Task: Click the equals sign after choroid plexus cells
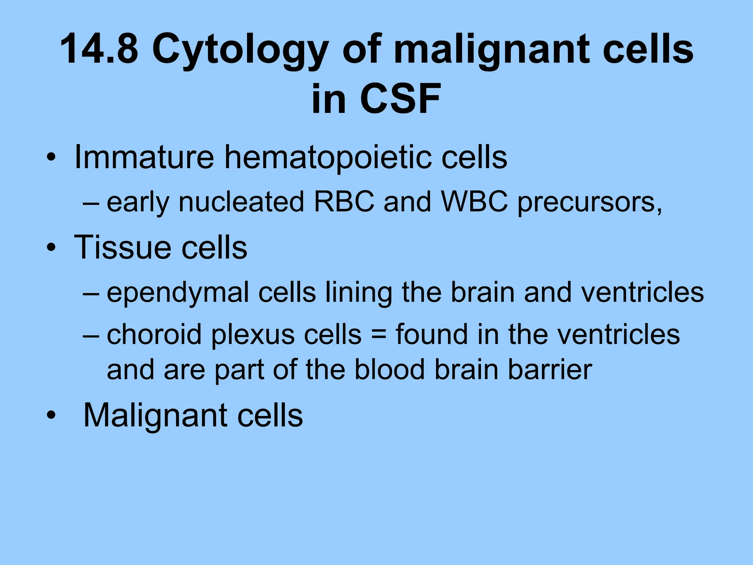coord(379,335)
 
